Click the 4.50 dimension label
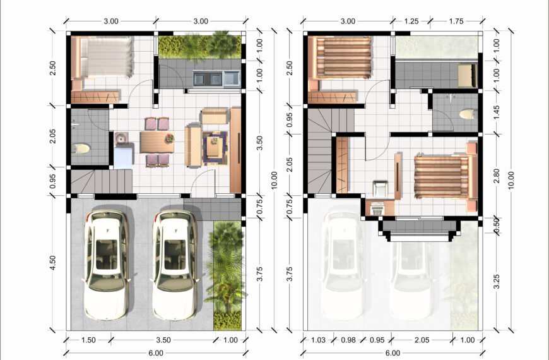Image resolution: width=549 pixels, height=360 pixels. [x=52, y=263]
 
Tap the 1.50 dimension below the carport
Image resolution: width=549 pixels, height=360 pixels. [x=88, y=340]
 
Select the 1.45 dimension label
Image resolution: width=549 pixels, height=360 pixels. [x=497, y=112]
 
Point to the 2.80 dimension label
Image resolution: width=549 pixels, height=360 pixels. [x=497, y=176]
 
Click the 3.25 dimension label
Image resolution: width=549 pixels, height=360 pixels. [x=497, y=282]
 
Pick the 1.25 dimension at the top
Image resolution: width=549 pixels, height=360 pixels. [x=411, y=21]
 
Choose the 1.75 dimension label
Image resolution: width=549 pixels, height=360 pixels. [x=456, y=21]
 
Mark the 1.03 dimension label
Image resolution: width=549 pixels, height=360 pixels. [x=318, y=340]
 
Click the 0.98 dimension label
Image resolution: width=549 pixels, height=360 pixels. [x=348, y=340]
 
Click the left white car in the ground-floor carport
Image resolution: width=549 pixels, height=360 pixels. [x=106, y=265]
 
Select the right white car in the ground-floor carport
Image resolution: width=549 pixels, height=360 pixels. [x=175, y=265]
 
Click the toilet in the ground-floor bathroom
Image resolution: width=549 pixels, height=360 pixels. [x=81, y=148]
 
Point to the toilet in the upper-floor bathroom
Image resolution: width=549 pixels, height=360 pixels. [x=468, y=114]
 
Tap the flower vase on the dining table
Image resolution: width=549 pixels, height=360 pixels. [x=170, y=138]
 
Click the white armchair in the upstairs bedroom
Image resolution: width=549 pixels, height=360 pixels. [x=381, y=189]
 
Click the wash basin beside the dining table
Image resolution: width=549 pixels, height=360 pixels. [x=121, y=138]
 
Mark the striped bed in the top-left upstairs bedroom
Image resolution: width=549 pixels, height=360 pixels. [x=339, y=58]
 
